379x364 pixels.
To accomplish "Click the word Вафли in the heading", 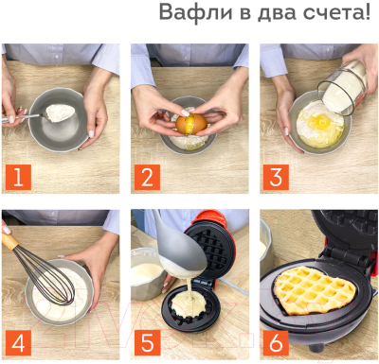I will tap(189, 13).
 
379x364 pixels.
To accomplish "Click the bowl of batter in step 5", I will tap(147, 275).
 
